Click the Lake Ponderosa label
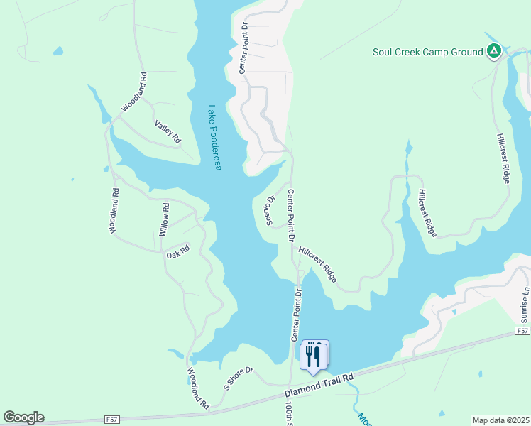pyautogui.click(x=214, y=138)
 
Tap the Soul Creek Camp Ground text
pyautogui.click(x=427, y=51)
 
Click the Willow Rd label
pyautogui.click(x=164, y=219)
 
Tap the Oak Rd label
pyautogui.click(x=178, y=251)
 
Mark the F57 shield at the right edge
pyautogui.click(x=522, y=332)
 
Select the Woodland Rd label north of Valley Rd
pyautogui.click(x=133, y=92)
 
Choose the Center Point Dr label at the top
pyautogui.click(x=243, y=47)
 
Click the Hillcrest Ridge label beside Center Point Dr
pyautogui.click(x=317, y=261)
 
